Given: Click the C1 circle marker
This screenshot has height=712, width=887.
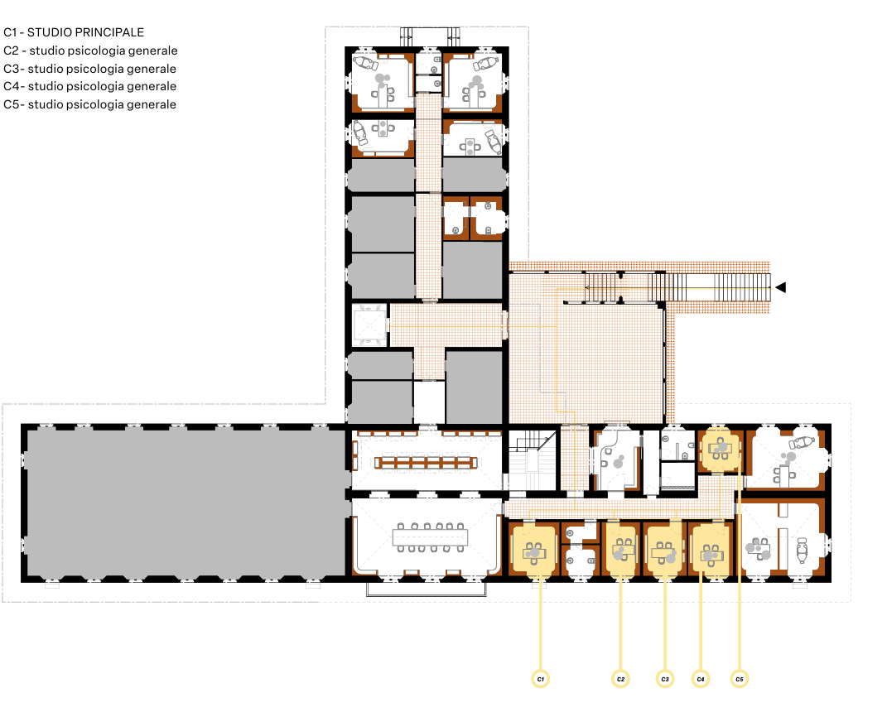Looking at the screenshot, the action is click(541, 679).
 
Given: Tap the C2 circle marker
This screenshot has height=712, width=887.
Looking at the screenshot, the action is click(620, 679).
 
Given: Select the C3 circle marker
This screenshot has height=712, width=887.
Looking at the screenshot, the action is click(665, 679).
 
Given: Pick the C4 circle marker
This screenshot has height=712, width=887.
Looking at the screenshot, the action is click(701, 679).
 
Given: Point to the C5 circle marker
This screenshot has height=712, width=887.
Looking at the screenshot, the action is click(740, 679).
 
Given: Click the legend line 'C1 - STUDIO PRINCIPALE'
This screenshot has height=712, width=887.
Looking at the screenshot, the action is click(74, 32).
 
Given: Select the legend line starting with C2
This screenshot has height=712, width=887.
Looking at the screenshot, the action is click(90, 51).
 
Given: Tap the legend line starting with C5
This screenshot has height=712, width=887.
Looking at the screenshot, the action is click(90, 104).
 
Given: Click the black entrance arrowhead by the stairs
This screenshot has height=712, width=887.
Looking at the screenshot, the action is click(781, 287).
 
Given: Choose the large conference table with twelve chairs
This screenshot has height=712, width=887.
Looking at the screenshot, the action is click(431, 537).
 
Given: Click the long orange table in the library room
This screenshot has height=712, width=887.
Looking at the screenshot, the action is click(426, 463).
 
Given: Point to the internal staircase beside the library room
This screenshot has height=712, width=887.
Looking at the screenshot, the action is click(531, 459).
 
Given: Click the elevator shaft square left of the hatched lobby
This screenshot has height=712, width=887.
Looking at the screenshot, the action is click(369, 325).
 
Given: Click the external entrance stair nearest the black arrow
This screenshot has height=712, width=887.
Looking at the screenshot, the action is click(742, 287).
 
